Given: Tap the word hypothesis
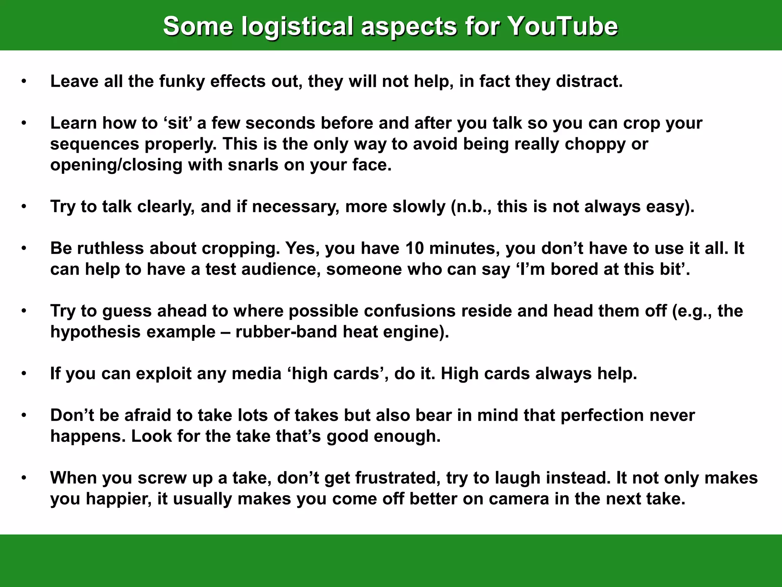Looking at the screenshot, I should (x=95, y=332).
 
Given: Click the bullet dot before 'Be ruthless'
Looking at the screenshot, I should (x=24, y=248).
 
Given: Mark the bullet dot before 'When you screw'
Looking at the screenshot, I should (x=24, y=478).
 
